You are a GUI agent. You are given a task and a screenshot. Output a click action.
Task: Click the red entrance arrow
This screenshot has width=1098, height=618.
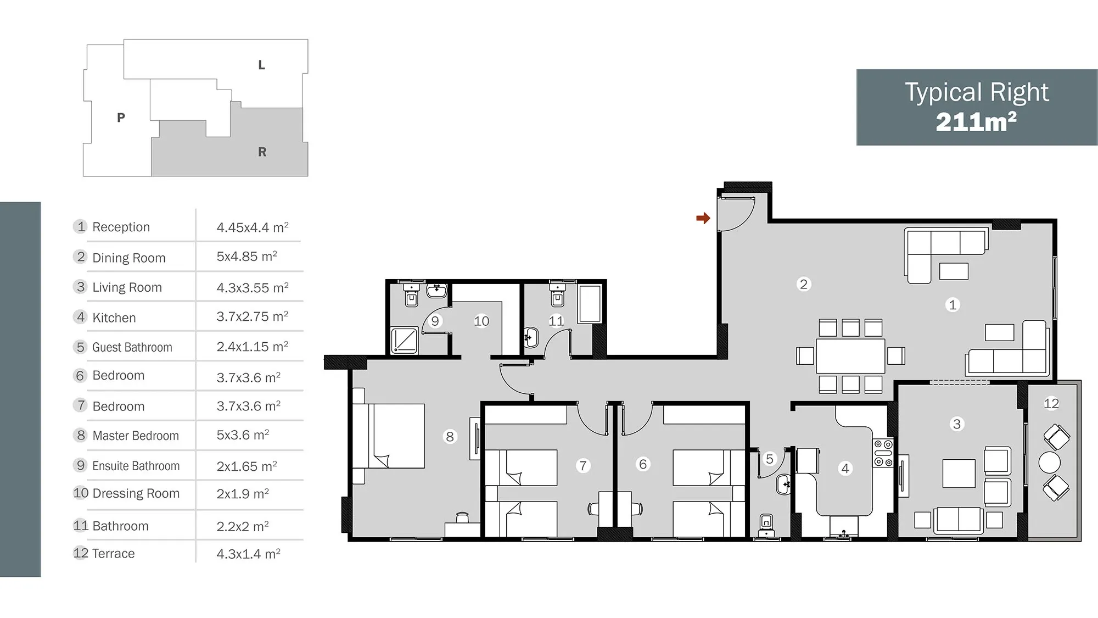pos(703,218)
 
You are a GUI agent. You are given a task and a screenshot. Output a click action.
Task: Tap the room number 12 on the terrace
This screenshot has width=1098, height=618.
pos(1051,403)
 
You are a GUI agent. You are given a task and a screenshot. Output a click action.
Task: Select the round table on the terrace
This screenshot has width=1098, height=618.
pos(1049,463)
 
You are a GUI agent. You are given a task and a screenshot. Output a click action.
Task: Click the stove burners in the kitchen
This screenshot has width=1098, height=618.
pos(883,453)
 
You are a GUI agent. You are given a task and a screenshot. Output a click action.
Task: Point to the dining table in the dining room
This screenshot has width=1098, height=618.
pos(850,356)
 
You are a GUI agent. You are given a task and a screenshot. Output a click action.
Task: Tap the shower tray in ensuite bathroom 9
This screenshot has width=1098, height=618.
pos(405,341)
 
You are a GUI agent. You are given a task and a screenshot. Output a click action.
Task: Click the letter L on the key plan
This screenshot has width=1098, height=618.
pos(262,65)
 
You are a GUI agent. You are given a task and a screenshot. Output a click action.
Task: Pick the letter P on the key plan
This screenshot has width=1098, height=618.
pos(121,118)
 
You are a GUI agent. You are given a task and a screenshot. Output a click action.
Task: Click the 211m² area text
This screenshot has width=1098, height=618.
pos(976,122)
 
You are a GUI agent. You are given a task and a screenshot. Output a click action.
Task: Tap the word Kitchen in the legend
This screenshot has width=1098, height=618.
pos(114,318)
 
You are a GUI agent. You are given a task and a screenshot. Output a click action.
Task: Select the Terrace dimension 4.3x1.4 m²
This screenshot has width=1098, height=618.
pos(248,554)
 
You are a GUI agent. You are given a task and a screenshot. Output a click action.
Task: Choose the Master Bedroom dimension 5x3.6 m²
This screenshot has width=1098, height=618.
pos(243,435)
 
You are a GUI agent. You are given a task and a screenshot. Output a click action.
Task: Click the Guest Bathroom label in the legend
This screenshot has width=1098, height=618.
pos(132,347)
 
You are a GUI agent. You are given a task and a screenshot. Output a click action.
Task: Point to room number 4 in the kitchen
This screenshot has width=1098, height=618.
pos(845,469)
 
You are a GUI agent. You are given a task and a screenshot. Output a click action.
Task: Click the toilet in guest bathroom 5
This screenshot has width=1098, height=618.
pos(766,525)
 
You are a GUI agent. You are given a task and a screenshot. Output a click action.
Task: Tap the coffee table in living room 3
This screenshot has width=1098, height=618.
pos(959,473)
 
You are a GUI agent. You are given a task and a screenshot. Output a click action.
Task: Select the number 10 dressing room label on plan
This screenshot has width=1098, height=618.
pos(481,321)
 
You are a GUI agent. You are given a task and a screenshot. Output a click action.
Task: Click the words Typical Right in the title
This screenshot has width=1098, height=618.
pos(977,92)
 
